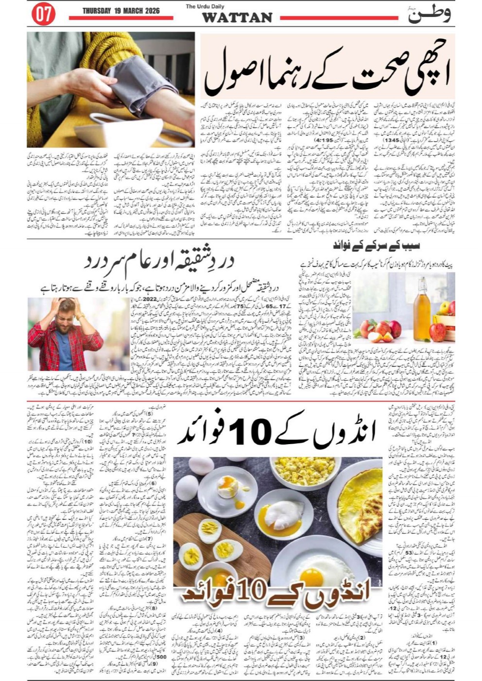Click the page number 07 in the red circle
click(43, 15)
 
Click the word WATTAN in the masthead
click(237, 18)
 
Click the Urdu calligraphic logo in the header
click(430, 15)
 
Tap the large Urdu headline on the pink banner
click(327, 75)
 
